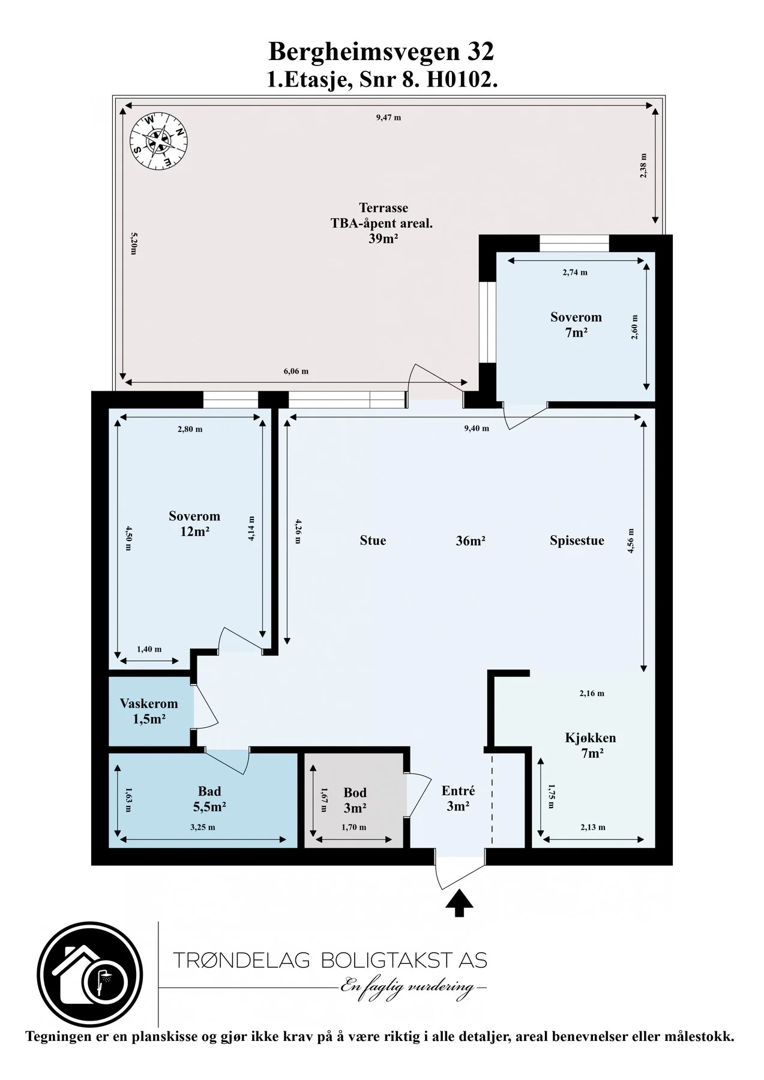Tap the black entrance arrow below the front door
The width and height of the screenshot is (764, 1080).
coord(459,903)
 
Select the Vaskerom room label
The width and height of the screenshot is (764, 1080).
coord(149,703)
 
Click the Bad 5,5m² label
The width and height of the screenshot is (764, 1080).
coord(209,799)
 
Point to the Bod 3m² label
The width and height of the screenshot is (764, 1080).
coord(355,800)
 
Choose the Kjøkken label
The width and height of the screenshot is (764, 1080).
coord(591,737)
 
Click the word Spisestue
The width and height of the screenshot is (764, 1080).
coord(577,541)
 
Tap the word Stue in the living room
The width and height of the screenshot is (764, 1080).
coord(373,541)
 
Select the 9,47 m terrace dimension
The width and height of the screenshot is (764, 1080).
coord(388,118)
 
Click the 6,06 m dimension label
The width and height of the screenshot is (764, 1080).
coord(296,371)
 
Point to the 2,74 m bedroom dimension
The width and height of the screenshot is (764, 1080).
coord(575,272)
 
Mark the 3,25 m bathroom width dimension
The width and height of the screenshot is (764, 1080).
coord(203,827)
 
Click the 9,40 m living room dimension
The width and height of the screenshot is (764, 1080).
coord(477,428)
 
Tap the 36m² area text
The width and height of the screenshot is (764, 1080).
coord(471,541)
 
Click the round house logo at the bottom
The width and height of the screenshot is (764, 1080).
coord(90,974)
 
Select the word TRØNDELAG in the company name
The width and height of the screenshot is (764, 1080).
coord(241,960)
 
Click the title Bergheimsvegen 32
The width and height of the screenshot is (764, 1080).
coord(381,52)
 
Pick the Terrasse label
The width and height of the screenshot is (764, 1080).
coord(384,208)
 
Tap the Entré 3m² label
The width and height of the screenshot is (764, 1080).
coord(458,799)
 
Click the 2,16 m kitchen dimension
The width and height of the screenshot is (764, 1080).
coord(592,694)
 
